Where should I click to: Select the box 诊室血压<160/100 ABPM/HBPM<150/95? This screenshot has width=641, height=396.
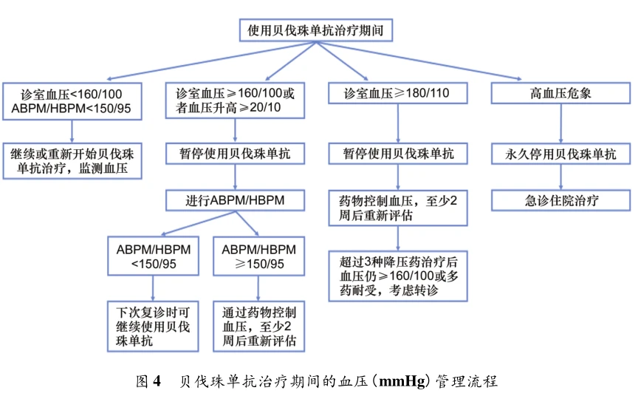click(71, 100)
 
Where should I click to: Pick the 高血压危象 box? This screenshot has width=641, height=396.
click(561, 94)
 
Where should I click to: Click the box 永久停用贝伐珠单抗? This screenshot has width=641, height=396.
click(561, 154)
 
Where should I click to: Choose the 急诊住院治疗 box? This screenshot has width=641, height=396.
click(561, 199)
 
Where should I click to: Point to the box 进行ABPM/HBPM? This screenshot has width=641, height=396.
click(236, 199)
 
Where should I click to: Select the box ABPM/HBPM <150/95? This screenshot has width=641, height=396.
click(154, 256)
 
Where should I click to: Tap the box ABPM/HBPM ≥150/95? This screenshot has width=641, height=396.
click(258, 256)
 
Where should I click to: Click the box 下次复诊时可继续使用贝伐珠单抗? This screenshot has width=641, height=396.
click(154, 325)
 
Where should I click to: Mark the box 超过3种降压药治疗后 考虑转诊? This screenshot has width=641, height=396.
click(399, 276)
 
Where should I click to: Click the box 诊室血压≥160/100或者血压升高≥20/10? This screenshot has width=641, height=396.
click(236, 100)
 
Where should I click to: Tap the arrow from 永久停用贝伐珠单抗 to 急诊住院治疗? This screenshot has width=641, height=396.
click(561, 177)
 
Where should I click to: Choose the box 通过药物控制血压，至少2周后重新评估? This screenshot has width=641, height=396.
click(258, 325)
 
